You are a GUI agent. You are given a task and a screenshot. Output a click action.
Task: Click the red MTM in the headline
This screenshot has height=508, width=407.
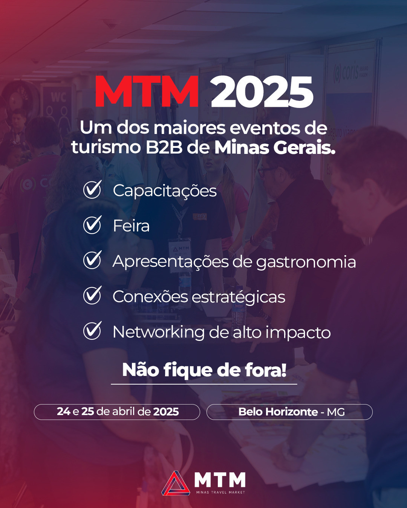(147, 91)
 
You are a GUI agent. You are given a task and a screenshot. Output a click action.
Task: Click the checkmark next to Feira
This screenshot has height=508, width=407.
(92, 225)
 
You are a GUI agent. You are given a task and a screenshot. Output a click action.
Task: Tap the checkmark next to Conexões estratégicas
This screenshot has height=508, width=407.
(92, 295)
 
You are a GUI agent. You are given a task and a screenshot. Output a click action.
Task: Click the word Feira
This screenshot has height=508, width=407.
(131, 226)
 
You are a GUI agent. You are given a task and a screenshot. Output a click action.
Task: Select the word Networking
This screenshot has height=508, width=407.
(158, 332)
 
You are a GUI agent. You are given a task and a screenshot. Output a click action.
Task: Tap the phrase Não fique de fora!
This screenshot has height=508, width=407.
(204, 370)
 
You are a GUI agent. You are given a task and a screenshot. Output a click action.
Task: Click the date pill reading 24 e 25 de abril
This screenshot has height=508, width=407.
(117, 412)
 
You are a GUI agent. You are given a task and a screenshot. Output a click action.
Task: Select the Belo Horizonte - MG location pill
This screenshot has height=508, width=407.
(289, 412)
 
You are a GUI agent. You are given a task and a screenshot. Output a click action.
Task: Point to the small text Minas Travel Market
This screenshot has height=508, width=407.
(220, 493)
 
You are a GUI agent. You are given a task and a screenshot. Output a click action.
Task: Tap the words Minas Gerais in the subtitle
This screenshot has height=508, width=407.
(275, 148)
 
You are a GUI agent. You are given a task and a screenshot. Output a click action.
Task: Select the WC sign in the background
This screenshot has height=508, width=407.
(58, 97)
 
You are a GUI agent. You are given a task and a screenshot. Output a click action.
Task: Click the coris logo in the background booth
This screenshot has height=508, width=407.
(350, 73)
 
